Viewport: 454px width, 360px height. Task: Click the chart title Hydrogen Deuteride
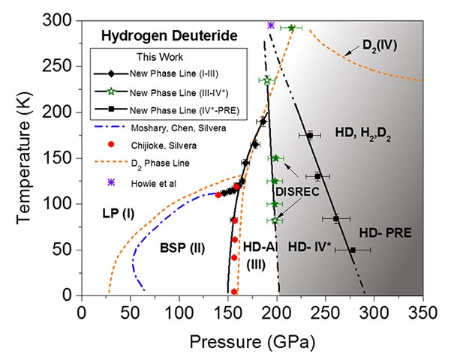pyautogui.click(x=154, y=36)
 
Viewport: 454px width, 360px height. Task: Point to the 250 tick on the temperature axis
pyautogui.click(x=68, y=65)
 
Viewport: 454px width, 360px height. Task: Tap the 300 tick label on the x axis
pyautogui.click(x=374, y=310)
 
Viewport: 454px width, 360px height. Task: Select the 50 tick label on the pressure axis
pyautogui.click(x=130, y=310)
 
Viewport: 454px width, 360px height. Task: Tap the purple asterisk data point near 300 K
pyautogui.click(x=271, y=25)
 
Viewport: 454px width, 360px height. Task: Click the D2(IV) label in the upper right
pyautogui.click(x=379, y=45)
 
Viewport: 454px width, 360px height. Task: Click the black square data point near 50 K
pyautogui.click(x=353, y=250)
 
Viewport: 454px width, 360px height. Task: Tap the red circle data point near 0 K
pyautogui.click(x=234, y=292)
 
